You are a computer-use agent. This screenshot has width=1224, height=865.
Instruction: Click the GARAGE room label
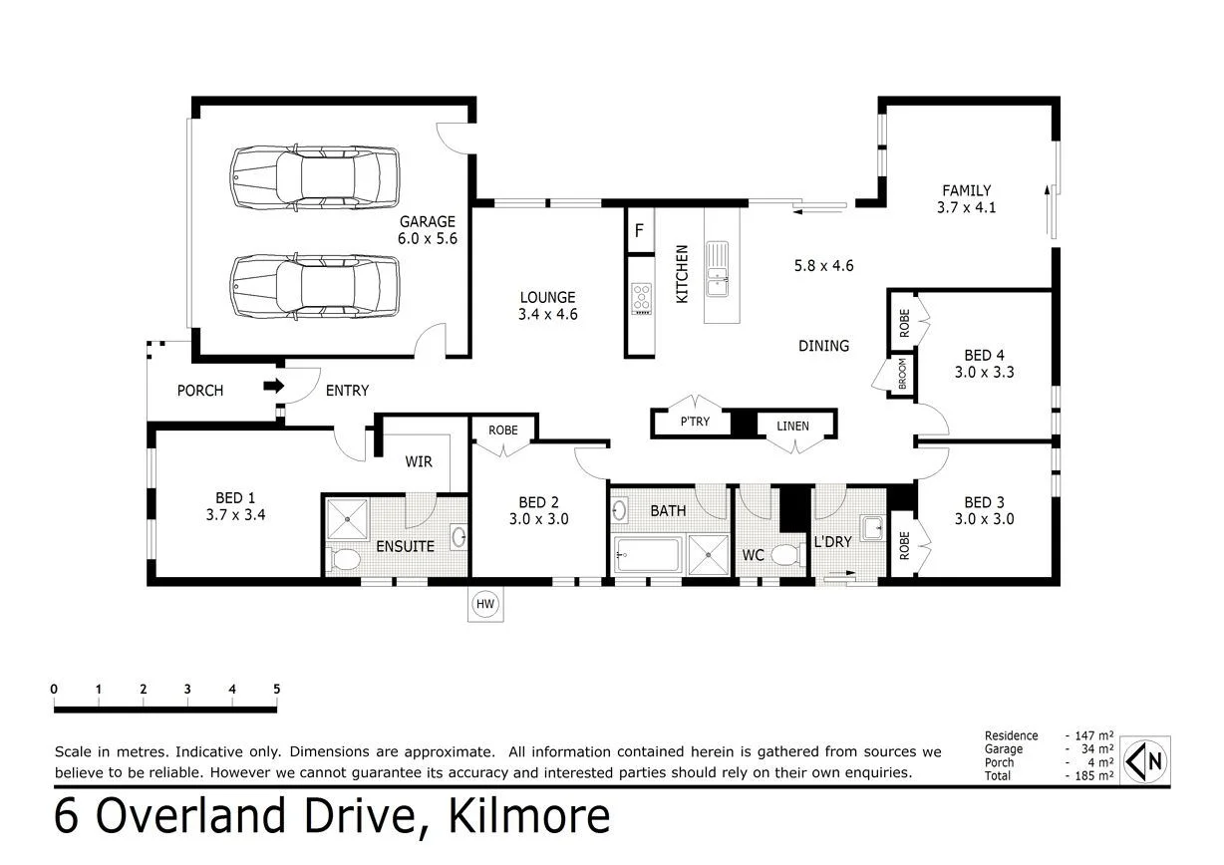428,222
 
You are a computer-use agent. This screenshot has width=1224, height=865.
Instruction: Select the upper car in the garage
315,177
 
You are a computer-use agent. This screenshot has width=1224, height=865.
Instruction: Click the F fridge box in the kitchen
638,231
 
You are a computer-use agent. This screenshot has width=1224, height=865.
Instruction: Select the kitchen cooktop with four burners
641,299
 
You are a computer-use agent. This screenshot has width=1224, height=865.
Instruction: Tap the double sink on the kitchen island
717,269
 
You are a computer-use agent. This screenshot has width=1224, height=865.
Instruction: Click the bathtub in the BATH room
647,554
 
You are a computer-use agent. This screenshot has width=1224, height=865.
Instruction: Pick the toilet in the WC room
785,554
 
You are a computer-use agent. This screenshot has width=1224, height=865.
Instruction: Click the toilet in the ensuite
343,558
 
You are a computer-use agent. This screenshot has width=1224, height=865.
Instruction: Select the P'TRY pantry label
695,423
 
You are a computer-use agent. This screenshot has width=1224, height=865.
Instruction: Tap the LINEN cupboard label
793,427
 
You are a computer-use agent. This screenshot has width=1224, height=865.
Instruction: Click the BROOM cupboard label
902,377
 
